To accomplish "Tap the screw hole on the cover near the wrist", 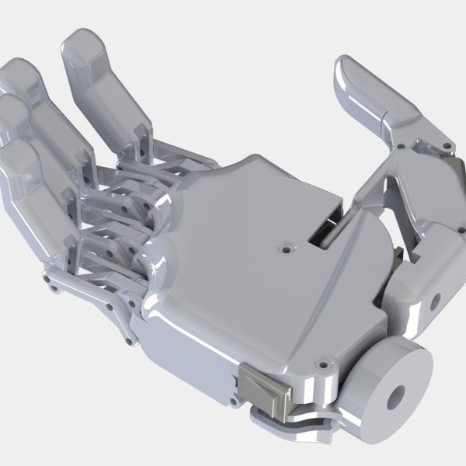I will [x=318, y=361].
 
